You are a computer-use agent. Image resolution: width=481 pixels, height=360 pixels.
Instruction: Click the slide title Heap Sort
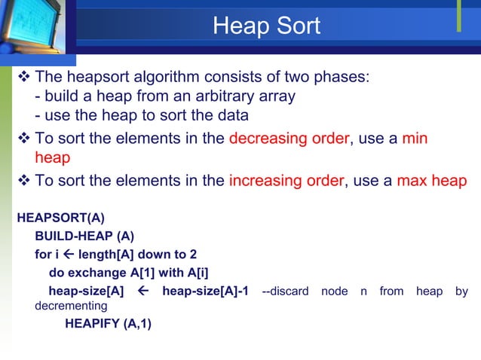[x=266, y=26]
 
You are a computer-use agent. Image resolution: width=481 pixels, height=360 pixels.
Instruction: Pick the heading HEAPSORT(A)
[x=60, y=218]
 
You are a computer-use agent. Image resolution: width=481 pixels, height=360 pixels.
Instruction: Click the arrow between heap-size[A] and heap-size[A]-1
[x=142, y=291]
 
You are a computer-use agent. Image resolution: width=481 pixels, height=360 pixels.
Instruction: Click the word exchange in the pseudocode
[x=94, y=272]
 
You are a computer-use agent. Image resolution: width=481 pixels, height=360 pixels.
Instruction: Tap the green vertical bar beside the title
[x=458, y=17]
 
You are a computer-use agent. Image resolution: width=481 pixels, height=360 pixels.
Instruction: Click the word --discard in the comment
[x=284, y=291]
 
